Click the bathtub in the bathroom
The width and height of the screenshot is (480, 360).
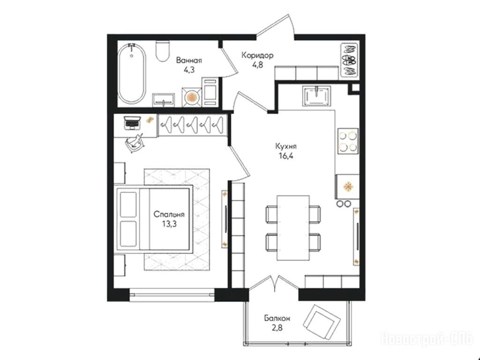(132, 74)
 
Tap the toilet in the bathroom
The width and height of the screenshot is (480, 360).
(163, 51)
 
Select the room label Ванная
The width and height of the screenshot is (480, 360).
(189, 60)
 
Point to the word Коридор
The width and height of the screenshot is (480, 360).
(257, 55)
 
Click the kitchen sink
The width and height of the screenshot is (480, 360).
(317, 96)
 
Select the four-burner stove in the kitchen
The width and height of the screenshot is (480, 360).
(348, 141)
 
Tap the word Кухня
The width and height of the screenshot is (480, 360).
(286, 146)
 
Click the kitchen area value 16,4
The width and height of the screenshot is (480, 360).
(285, 156)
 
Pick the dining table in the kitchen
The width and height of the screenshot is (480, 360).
(293, 228)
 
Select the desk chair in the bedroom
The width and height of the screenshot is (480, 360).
(135, 142)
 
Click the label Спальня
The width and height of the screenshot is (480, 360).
(169, 214)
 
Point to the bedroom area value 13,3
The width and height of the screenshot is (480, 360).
(169, 224)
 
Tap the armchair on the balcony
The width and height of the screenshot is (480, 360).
(322, 321)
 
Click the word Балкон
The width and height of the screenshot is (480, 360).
(277, 319)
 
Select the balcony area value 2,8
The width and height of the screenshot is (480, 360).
(277, 328)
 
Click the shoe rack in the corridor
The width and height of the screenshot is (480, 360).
(349, 60)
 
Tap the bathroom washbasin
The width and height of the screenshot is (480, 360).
(164, 100)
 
